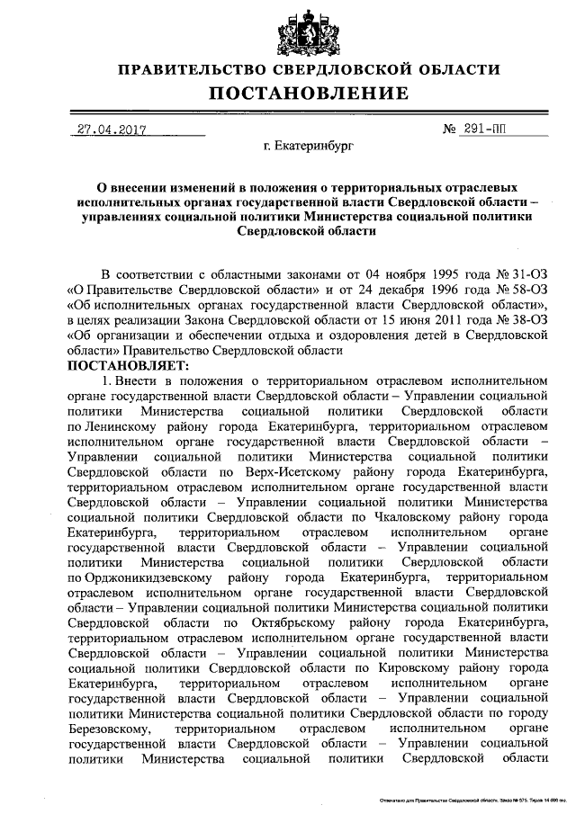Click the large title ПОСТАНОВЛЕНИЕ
(x=309, y=93)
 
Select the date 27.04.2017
(x=110, y=129)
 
